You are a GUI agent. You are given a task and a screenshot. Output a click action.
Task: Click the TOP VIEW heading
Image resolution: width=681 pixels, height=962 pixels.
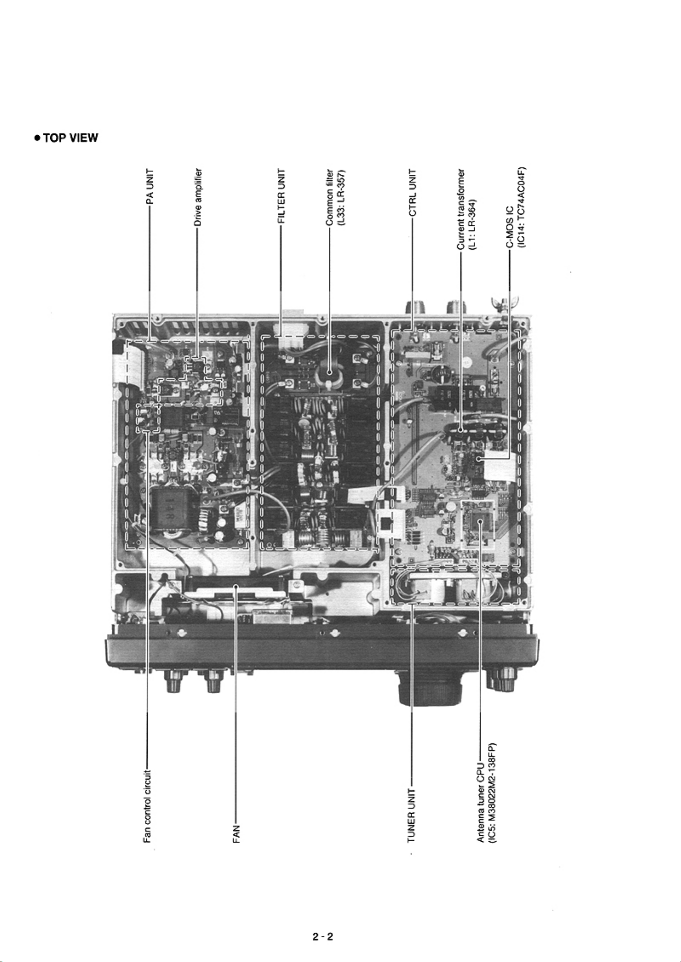click(x=67, y=138)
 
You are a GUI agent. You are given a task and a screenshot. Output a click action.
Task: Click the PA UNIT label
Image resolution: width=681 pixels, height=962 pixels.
click(x=149, y=186)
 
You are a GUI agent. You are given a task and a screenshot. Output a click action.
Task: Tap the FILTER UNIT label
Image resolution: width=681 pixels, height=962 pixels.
click(x=281, y=196)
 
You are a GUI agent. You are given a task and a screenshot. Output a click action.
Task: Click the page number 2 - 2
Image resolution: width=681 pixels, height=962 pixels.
click(x=322, y=924)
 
